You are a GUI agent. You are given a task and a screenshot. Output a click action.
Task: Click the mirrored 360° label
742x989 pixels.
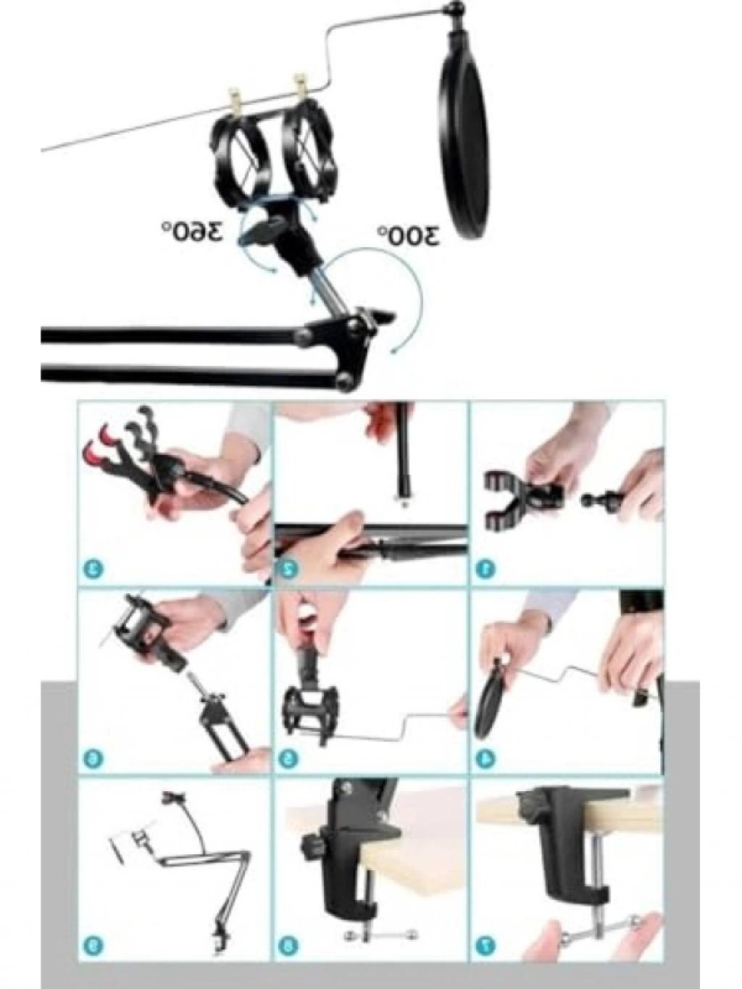(192, 232)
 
